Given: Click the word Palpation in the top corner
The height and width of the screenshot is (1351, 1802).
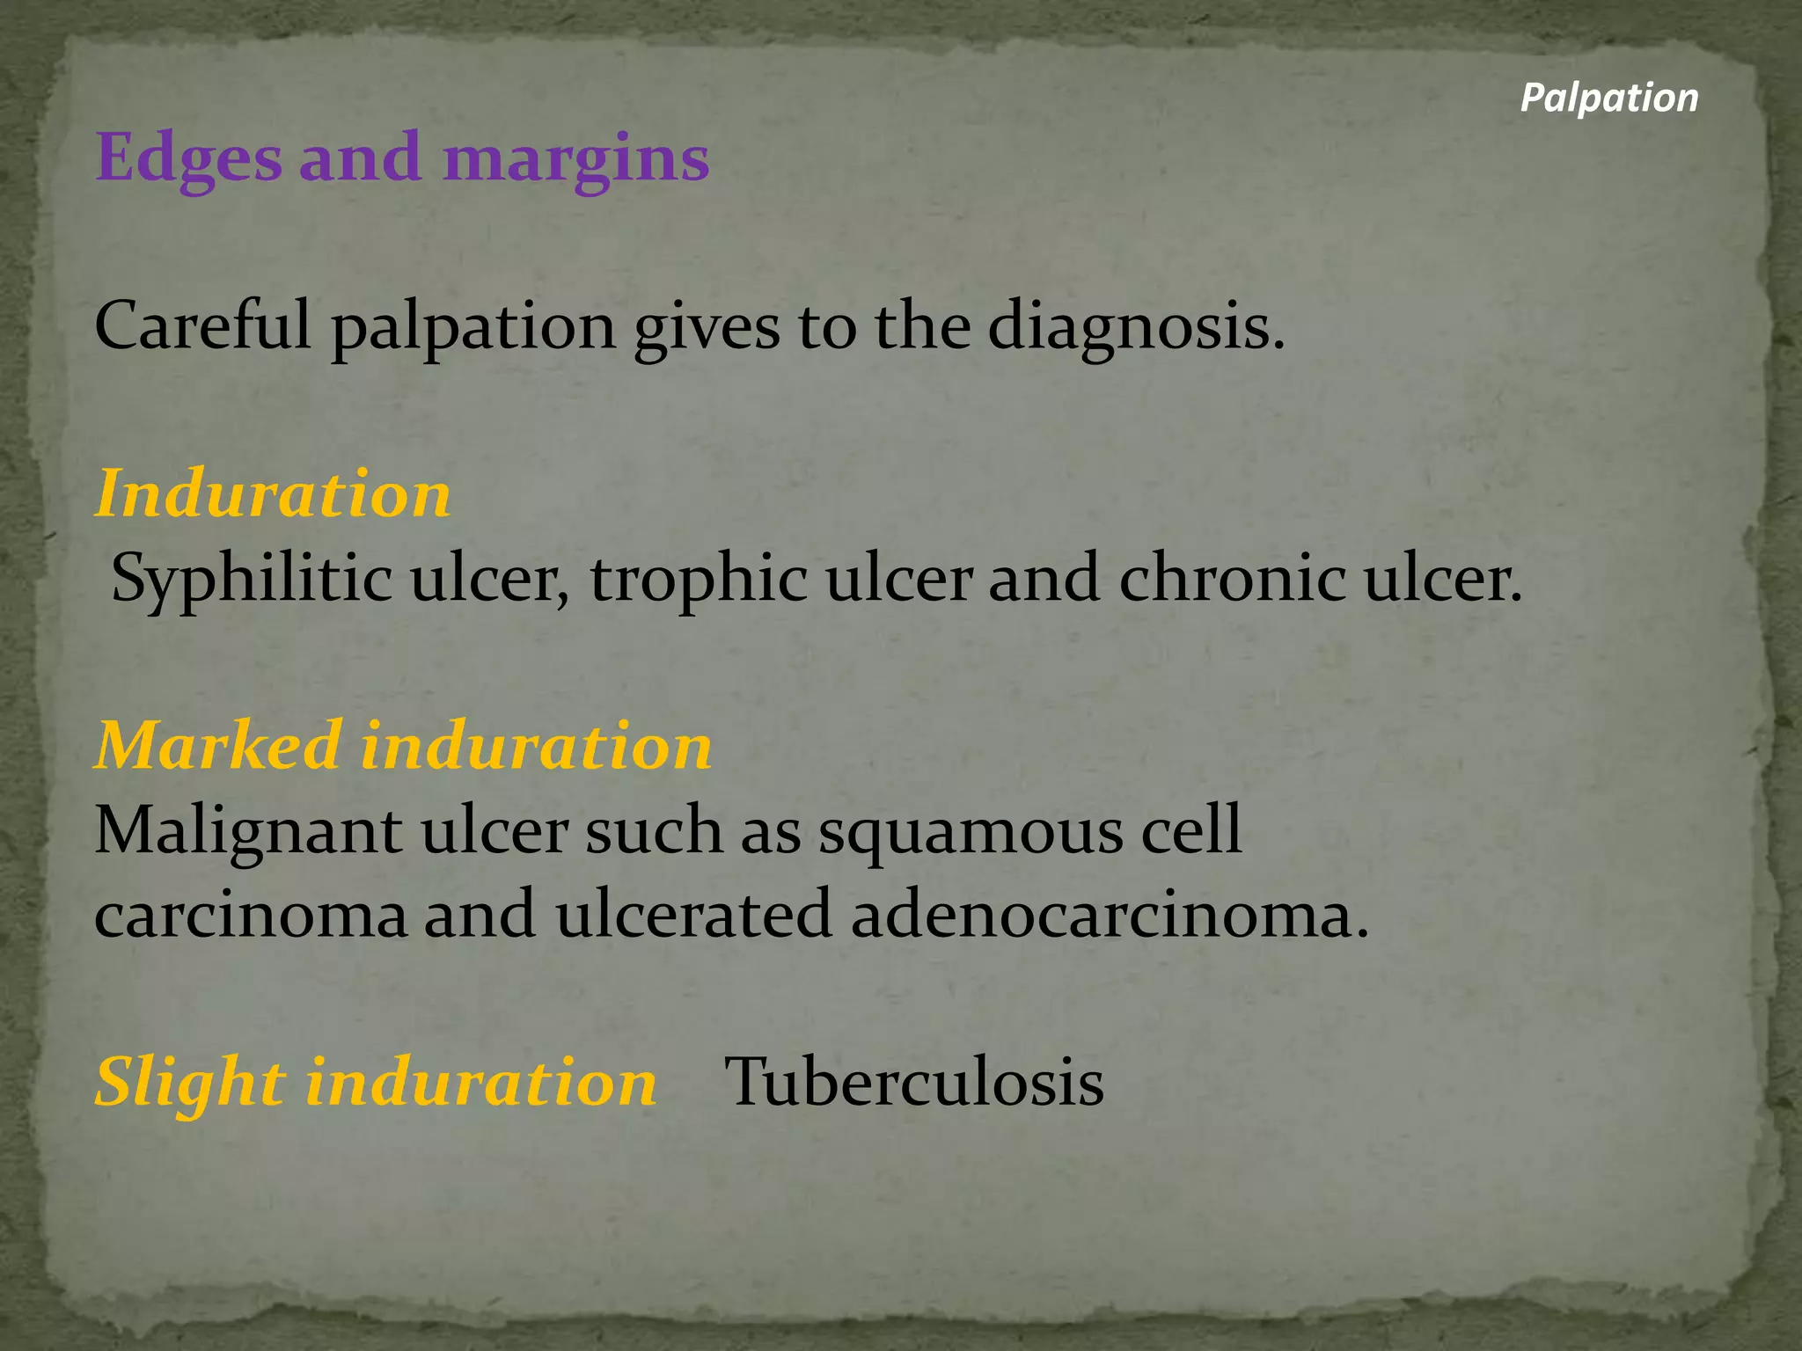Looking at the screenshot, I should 1609,98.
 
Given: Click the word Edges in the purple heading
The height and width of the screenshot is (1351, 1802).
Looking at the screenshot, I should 188,158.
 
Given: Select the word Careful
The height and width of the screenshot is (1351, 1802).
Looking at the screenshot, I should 203,326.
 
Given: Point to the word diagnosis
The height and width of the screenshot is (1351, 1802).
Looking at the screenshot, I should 1136,326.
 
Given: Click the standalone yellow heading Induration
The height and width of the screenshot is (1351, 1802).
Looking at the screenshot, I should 273,493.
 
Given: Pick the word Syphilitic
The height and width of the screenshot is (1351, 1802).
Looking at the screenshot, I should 252,580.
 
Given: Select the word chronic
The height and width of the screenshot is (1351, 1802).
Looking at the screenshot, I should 1231,580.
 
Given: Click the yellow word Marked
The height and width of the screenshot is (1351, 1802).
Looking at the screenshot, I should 218,746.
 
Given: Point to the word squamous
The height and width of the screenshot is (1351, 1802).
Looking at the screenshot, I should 971,831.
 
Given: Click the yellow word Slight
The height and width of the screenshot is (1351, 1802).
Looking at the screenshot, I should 190,1083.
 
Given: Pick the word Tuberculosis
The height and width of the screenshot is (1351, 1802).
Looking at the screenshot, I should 913,1083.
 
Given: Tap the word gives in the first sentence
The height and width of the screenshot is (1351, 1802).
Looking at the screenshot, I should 707,326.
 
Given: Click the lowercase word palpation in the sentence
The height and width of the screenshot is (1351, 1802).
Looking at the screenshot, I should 473,326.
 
